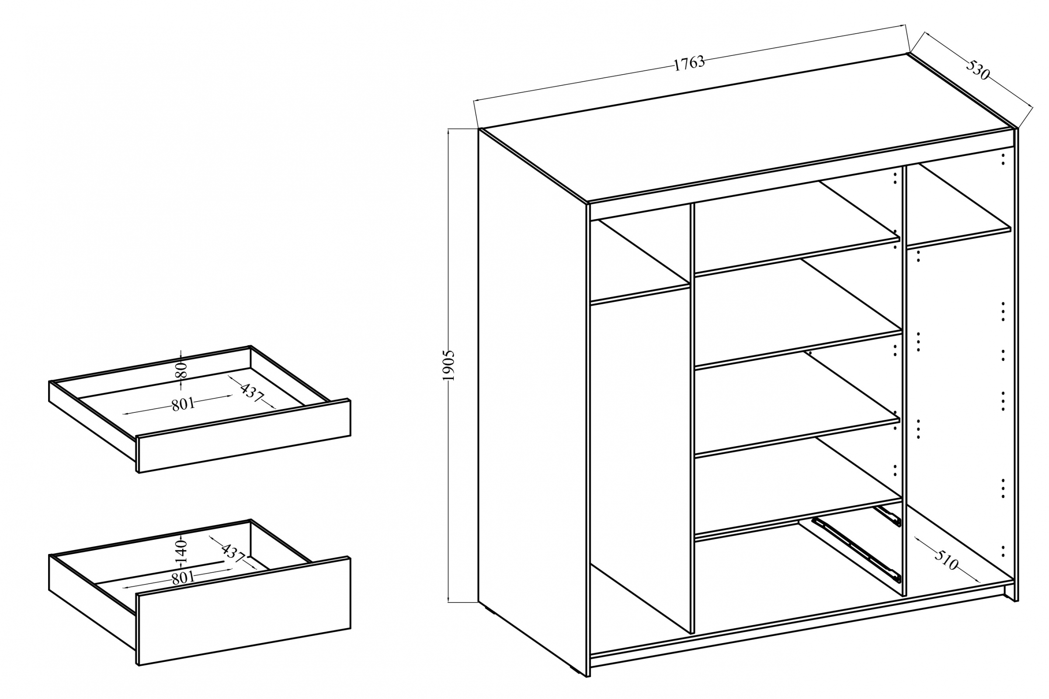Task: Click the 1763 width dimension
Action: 689,63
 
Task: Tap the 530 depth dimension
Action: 978,70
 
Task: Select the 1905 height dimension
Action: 448,366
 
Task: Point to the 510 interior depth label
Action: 945,561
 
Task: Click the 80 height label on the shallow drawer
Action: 181,370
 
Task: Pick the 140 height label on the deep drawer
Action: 181,551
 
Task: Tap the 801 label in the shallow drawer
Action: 183,404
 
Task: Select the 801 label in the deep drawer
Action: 183,578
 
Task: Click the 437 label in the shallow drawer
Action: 252,392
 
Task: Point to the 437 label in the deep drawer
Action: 233,553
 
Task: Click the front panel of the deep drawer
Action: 243,612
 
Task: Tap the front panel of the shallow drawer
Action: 243,436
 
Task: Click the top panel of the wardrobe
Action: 747,128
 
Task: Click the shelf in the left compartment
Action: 639,263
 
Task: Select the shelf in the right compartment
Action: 959,205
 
